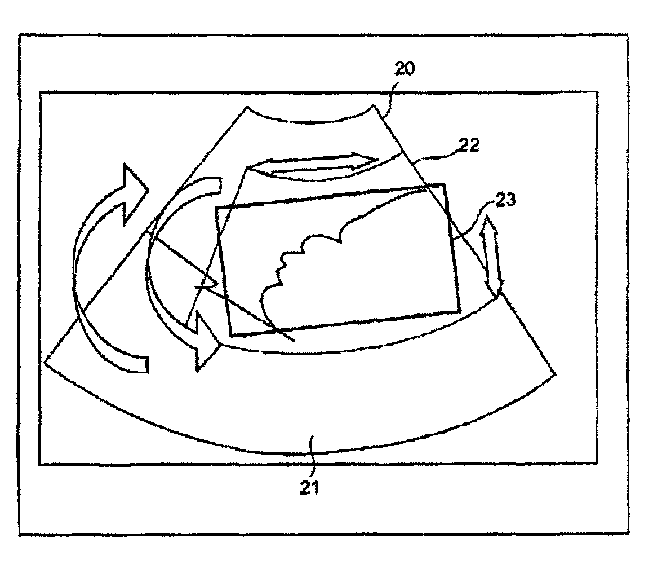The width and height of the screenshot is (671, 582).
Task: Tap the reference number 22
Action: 466,146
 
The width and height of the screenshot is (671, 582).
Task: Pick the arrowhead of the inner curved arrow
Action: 206,344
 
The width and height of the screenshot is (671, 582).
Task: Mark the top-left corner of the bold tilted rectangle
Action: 216,208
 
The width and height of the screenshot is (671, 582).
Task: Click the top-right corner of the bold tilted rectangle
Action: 445,184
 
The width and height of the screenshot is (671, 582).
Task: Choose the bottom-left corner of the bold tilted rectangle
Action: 231,335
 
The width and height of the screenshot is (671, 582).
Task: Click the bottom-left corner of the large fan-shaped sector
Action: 45,363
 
